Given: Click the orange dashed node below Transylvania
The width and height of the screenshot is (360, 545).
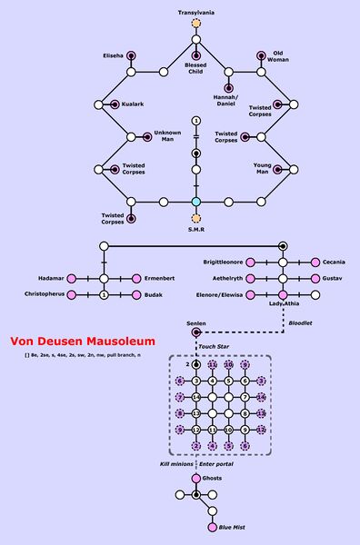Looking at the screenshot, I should (195, 35).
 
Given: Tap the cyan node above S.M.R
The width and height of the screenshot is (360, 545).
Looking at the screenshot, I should (195, 201).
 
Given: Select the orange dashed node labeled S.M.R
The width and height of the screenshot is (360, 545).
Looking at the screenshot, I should (195, 218).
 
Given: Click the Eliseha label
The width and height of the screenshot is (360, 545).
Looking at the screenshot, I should (113, 55).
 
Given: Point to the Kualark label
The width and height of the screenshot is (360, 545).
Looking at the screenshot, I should (133, 104).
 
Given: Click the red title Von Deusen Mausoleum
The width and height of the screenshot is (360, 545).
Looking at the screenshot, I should (82, 342).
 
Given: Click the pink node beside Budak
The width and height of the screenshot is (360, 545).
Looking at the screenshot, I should (135, 295).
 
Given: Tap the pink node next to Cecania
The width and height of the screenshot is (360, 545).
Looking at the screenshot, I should (315, 262).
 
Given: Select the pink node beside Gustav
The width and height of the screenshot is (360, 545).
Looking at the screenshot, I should (315, 278).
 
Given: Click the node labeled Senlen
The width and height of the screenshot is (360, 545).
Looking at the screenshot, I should (195, 333).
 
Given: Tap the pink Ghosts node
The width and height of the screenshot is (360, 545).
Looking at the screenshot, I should (195, 479).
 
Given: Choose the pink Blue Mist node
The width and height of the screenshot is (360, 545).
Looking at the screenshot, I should (213, 528).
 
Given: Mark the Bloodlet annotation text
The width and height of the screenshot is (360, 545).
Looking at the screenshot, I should (300, 322).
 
